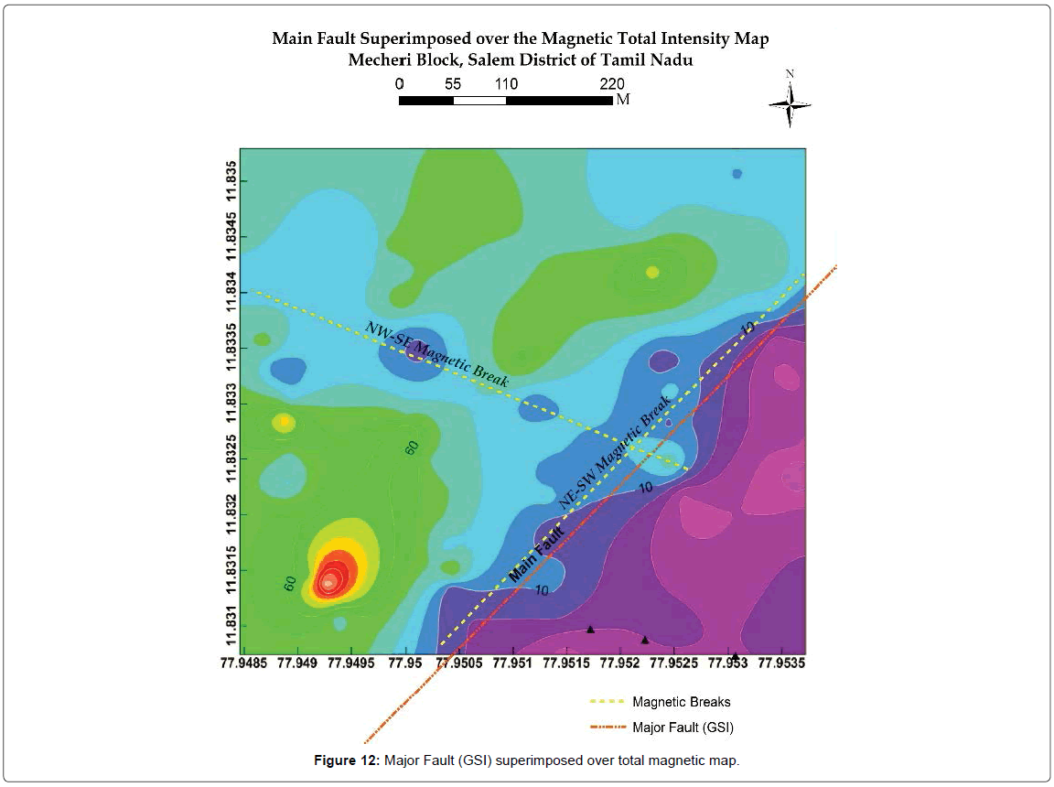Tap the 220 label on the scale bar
point(612,84)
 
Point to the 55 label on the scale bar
point(453,84)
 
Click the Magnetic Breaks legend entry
point(681,703)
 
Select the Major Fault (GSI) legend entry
point(683,728)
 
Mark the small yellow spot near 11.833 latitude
point(284,421)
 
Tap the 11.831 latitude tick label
point(232,626)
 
